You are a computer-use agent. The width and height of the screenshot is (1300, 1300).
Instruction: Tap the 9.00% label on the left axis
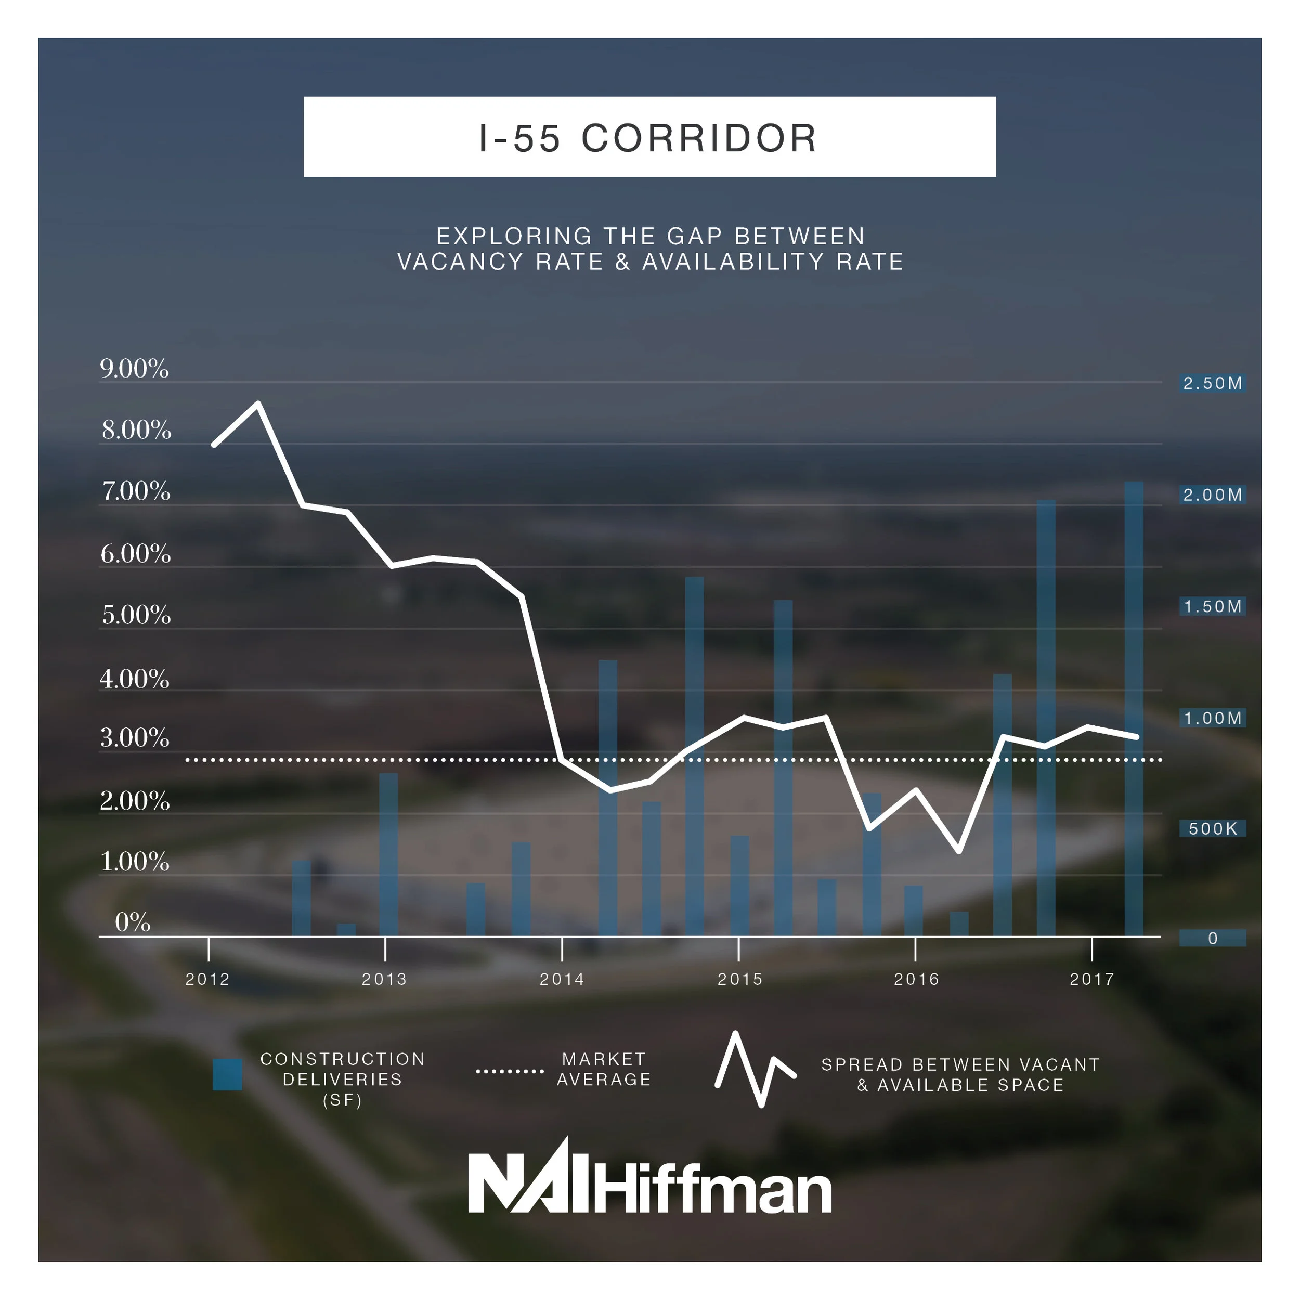pos(135,369)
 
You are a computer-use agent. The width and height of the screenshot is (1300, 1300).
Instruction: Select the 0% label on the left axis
pos(133,922)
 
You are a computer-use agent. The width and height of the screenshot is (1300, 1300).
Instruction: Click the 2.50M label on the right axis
pos(1213,384)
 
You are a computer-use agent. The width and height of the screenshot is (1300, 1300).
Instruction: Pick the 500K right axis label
pos(1213,829)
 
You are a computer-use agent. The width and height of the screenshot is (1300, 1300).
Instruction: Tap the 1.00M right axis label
pos(1213,718)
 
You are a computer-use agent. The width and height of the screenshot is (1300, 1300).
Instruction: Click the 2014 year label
pos(562,979)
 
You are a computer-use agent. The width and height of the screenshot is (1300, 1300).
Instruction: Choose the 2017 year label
pos(1092,979)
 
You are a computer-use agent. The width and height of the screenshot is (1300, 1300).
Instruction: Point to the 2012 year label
pos(208,979)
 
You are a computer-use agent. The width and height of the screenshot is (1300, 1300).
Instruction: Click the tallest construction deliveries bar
pos(1134,707)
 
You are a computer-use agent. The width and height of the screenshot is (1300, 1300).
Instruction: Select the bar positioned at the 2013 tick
pos(388,854)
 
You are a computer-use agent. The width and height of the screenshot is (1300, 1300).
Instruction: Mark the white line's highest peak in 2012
pos(258,404)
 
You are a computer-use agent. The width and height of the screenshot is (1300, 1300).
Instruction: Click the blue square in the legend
pos(227,1075)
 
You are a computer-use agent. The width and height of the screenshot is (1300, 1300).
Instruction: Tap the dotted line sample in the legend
pos(510,1071)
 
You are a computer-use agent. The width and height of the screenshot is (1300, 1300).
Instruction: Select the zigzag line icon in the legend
pos(755,1070)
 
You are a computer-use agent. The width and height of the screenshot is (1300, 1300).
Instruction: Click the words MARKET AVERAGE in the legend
pos(604,1069)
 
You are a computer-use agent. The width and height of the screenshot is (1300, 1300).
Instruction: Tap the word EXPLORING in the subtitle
pos(514,236)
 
